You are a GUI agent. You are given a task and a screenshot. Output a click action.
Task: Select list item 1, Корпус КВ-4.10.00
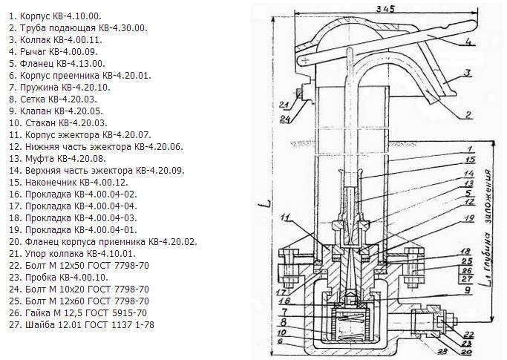56,14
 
